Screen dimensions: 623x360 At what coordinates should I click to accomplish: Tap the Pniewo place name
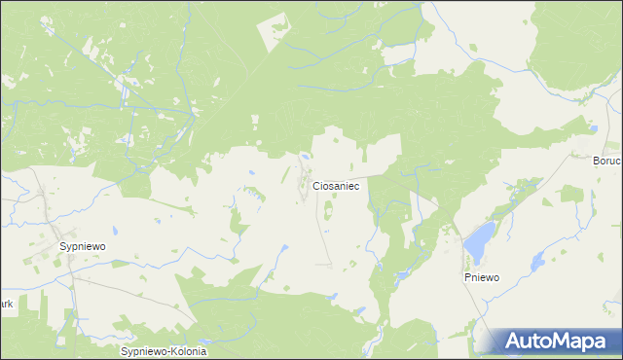(481, 277)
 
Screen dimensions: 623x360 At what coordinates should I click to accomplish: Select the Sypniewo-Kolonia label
(163, 349)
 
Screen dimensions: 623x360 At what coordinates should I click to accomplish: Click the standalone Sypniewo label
(83, 247)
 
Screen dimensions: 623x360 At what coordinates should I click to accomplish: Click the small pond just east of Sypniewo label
(115, 232)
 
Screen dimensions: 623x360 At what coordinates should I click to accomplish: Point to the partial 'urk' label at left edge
(6, 304)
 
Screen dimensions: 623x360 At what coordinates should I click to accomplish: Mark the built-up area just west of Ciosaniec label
(302, 182)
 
